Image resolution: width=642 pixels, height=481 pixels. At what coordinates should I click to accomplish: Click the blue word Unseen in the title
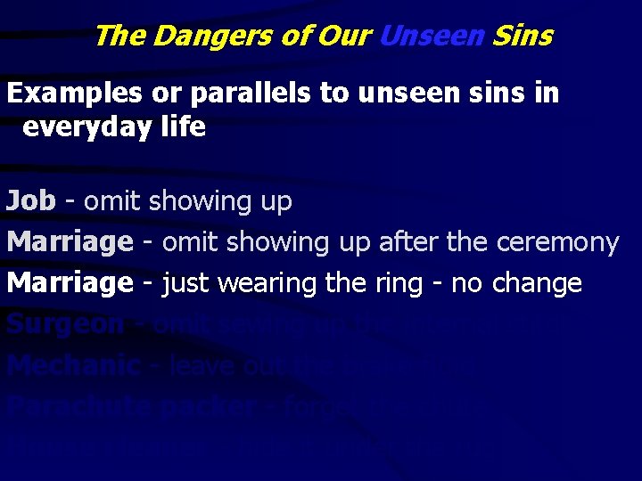click(432, 36)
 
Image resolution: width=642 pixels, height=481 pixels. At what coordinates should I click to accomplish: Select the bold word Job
click(31, 201)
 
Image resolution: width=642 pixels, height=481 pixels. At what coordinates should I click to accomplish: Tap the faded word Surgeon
click(65, 324)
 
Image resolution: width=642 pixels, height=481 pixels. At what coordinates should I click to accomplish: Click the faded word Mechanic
click(73, 365)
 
